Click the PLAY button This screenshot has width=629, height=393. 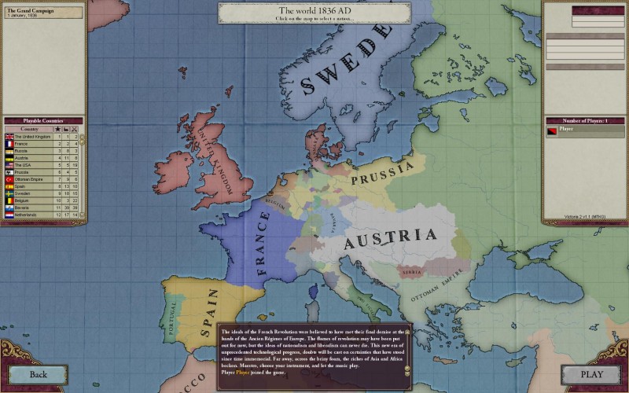591,375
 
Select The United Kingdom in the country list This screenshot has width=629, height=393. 31,137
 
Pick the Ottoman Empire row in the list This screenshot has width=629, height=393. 31,178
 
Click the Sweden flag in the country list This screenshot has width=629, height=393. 9,193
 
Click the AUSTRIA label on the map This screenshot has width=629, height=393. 391,236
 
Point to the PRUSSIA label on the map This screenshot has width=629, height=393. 382,174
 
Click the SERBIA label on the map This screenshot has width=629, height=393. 410,272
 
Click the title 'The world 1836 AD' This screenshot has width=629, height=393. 314,9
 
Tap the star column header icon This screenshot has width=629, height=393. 57,128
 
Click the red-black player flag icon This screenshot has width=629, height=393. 552,130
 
